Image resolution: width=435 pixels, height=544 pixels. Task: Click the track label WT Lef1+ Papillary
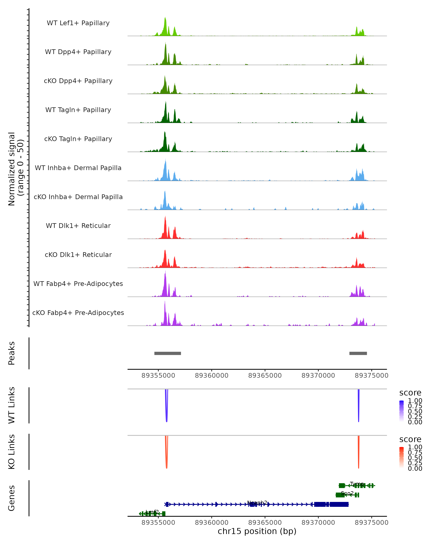[78, 23]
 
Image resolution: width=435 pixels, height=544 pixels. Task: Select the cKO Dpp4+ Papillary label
[78, 81]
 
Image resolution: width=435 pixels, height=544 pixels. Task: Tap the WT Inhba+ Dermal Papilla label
[78, 168]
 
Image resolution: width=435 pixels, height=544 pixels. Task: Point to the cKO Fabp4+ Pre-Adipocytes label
[78, 313]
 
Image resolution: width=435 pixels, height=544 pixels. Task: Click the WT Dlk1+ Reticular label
[78, 226]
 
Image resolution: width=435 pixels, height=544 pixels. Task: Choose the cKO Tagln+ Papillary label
[78, 139]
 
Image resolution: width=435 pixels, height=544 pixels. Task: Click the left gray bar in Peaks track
[167, 353]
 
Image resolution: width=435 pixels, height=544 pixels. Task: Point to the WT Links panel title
[12, 405]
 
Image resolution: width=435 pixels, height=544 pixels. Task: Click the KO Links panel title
[12, 452]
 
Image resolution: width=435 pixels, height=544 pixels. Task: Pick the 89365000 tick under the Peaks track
[265, 376]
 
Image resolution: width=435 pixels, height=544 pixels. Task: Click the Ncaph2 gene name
[257, 503]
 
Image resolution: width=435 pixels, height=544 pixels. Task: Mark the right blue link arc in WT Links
[359, 406]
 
